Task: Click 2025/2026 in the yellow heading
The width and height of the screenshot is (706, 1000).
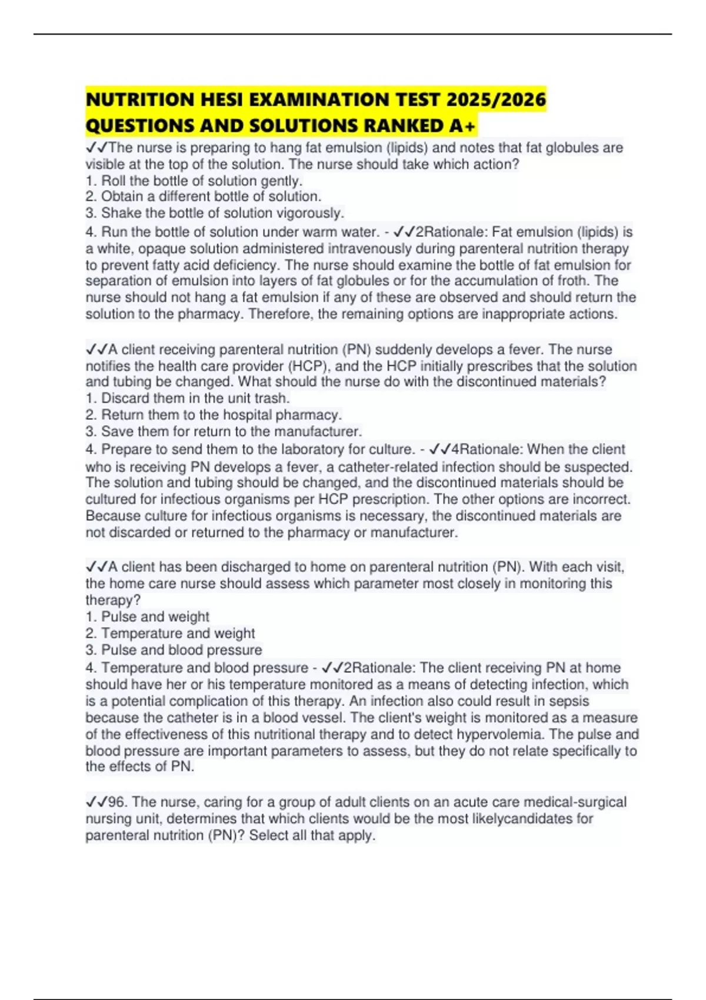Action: click(496, 99)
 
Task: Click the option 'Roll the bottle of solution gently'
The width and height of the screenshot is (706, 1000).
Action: click(201, 181)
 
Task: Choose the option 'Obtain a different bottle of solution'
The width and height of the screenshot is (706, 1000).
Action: click(211, 196)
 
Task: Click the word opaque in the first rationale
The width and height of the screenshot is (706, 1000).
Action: click(157, 249)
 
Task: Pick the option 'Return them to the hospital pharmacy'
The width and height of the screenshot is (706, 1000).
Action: click(221, 415)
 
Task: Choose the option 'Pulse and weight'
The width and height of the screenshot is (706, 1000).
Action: click(155, 616)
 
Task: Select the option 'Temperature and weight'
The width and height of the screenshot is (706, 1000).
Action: click(178, 634)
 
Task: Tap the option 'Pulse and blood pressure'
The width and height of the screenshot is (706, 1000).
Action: click(181, 650)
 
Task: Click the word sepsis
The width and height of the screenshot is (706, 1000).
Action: click(568, 701)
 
